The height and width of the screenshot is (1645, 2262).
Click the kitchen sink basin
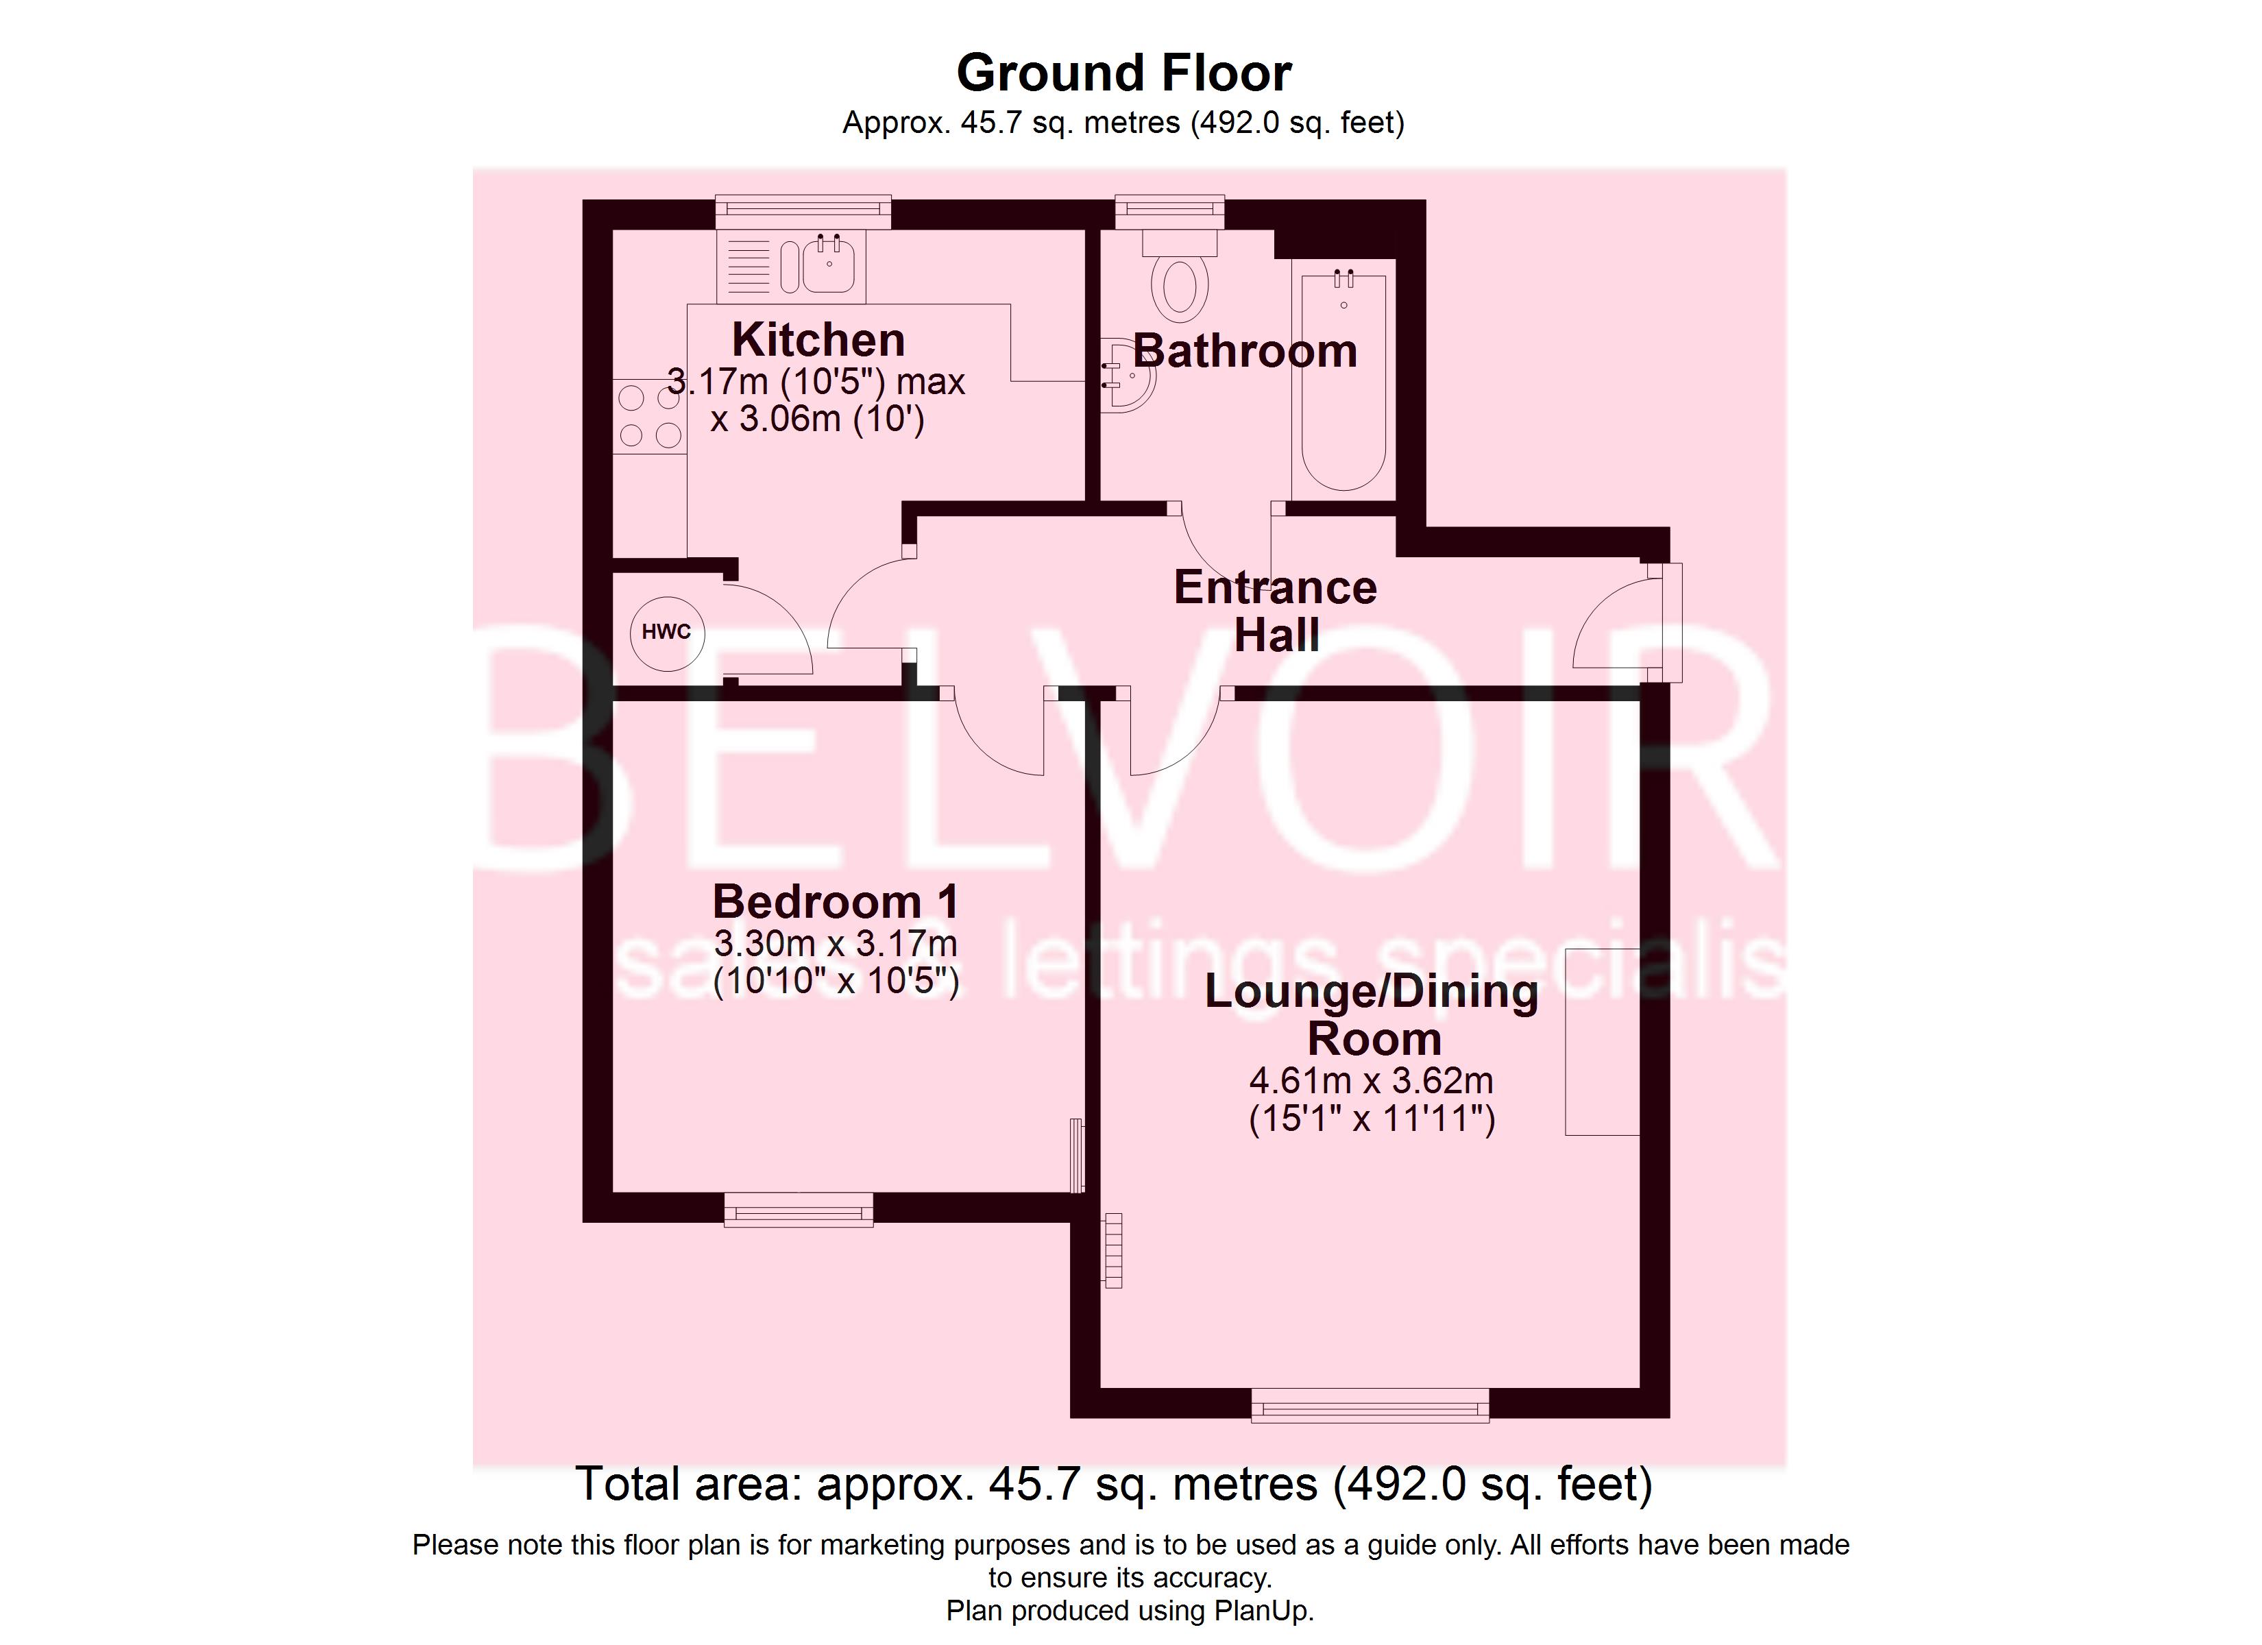(x=828, y=265)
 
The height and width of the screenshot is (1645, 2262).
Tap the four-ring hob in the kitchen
(x=649, y=417)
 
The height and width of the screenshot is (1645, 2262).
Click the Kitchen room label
(x=818, y=340)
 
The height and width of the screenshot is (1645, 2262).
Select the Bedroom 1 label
(x=836, y=902)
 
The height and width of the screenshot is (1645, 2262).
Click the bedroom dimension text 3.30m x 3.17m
(x=836, y=942)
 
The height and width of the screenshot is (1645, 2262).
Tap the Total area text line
(x=1114, y=1485)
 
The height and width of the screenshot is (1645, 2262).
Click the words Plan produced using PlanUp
(x=1130, y=1611)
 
